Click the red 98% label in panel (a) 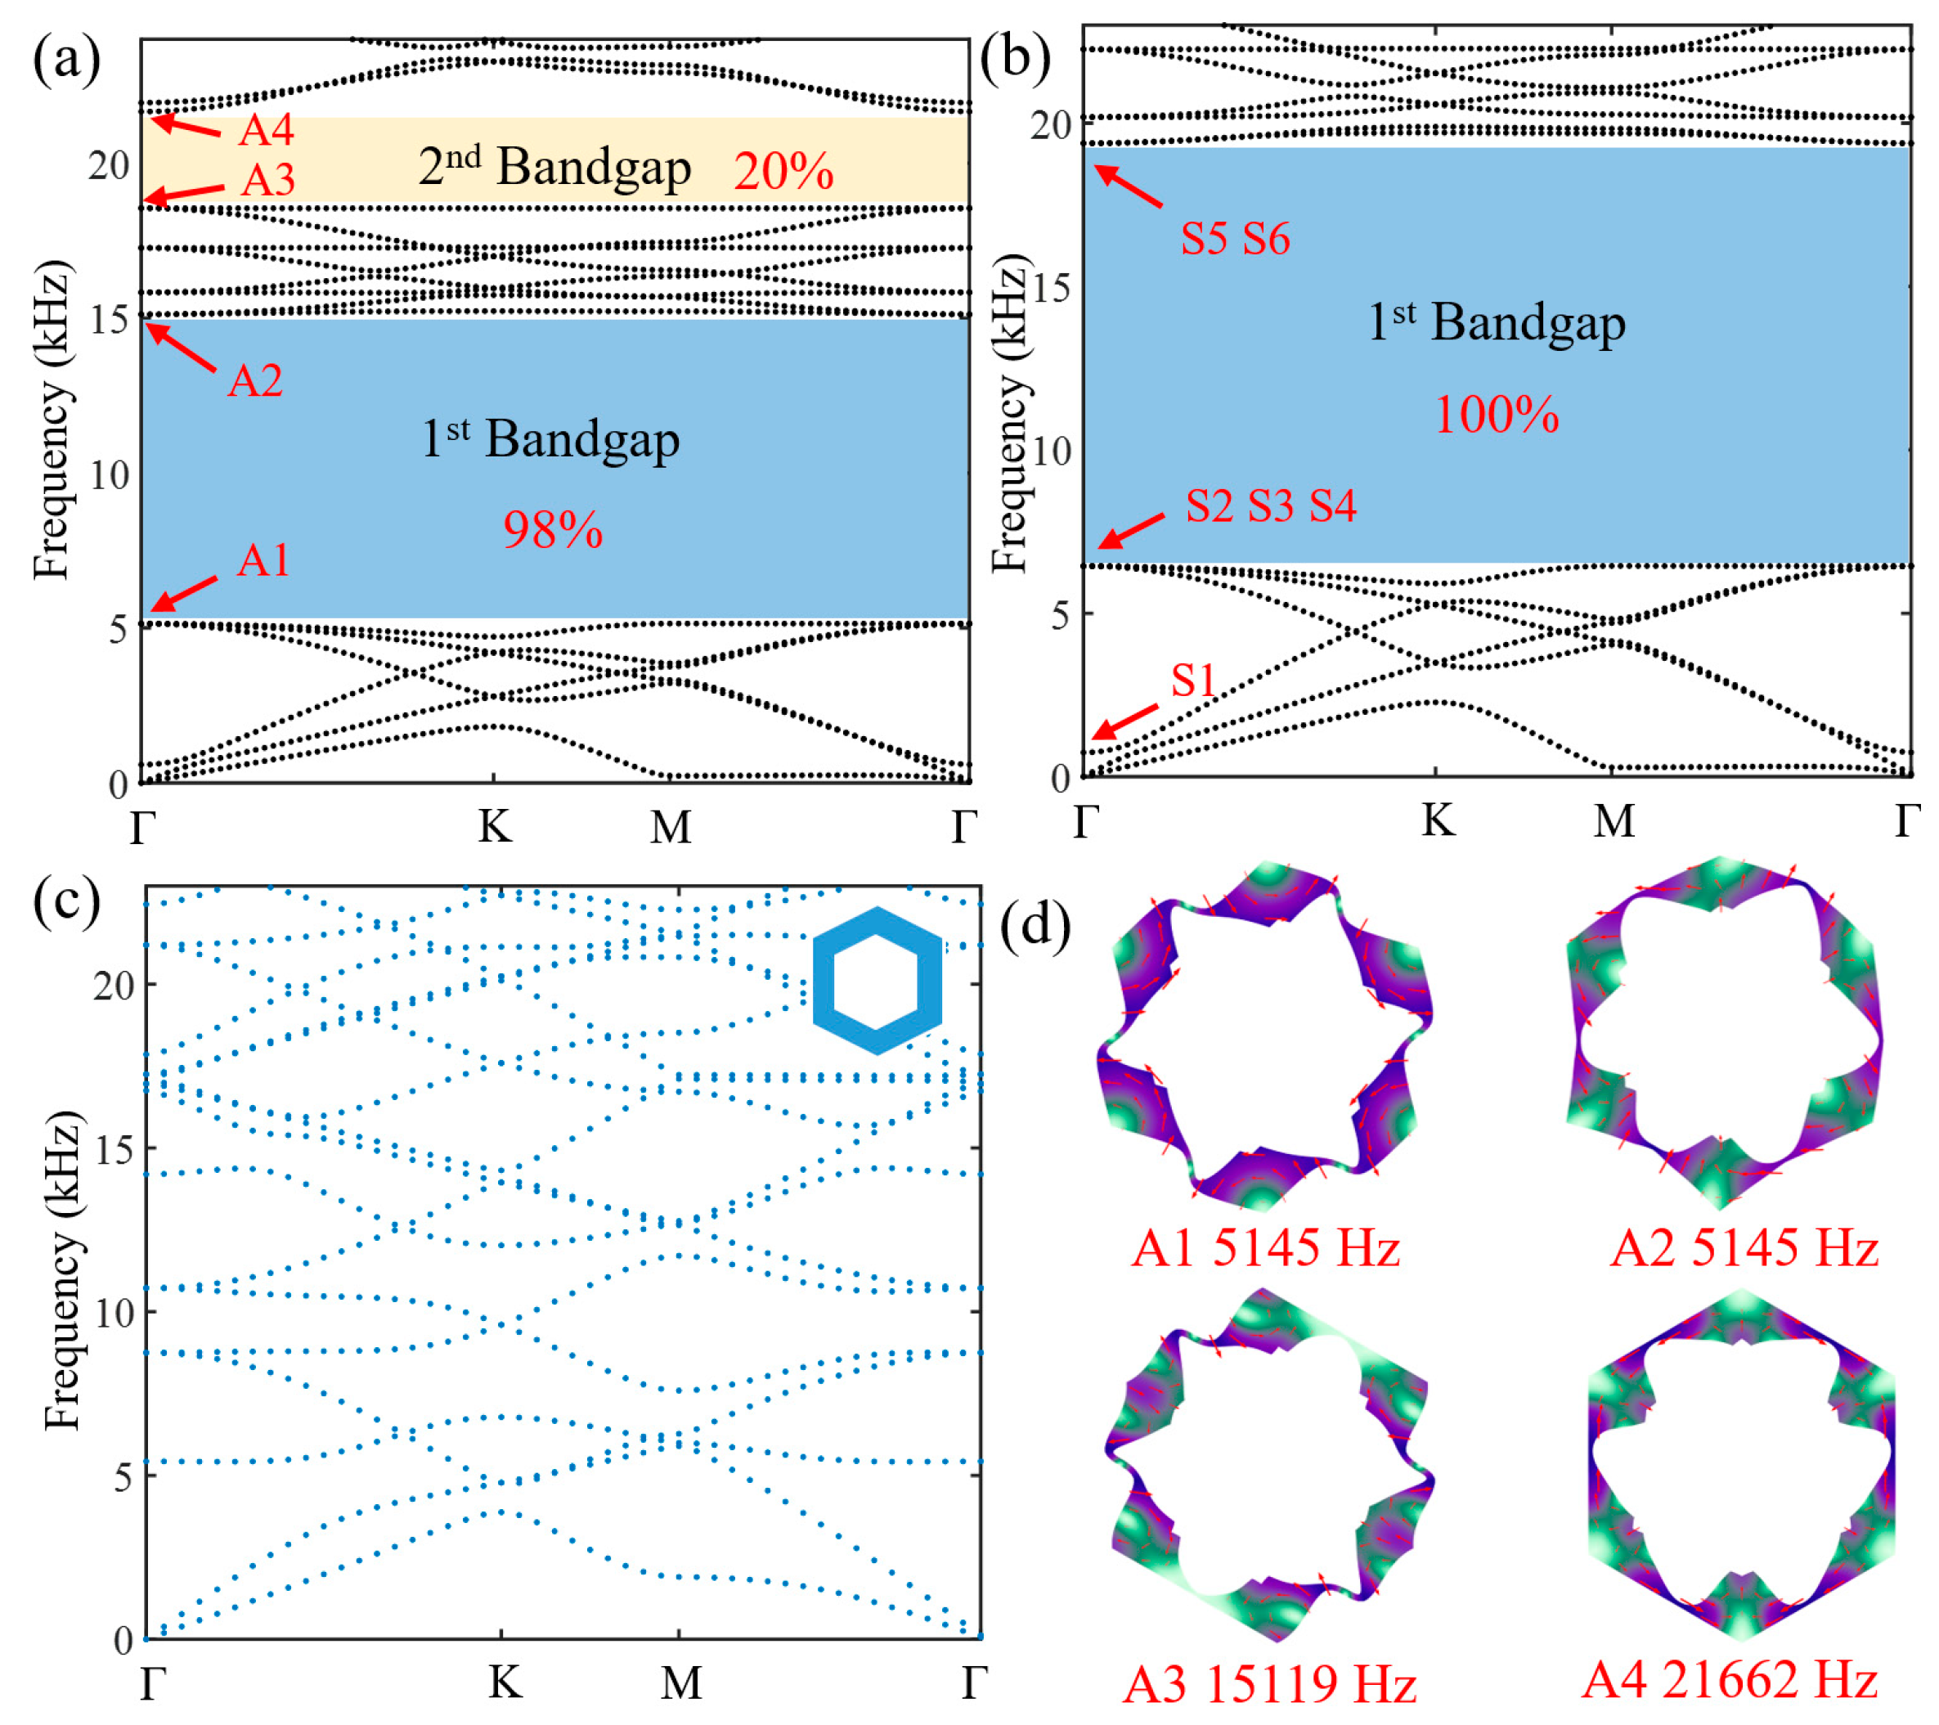[553, 530]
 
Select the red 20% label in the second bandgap [783, 172]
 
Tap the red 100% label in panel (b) [1496, 416]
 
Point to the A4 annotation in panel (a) [266, 130]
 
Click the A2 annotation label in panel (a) [255, 380]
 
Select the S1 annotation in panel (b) [1192, 681]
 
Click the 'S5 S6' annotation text [1235, 238]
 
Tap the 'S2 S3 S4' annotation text [1271, 505]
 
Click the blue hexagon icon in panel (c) [877, 980]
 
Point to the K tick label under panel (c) [505, 1682]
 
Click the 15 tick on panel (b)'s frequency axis [1051, 288]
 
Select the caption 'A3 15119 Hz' [1269, 1685]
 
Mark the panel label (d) [1035, 923]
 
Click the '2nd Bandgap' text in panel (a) [555, 167]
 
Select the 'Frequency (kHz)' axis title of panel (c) [63, 1270]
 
